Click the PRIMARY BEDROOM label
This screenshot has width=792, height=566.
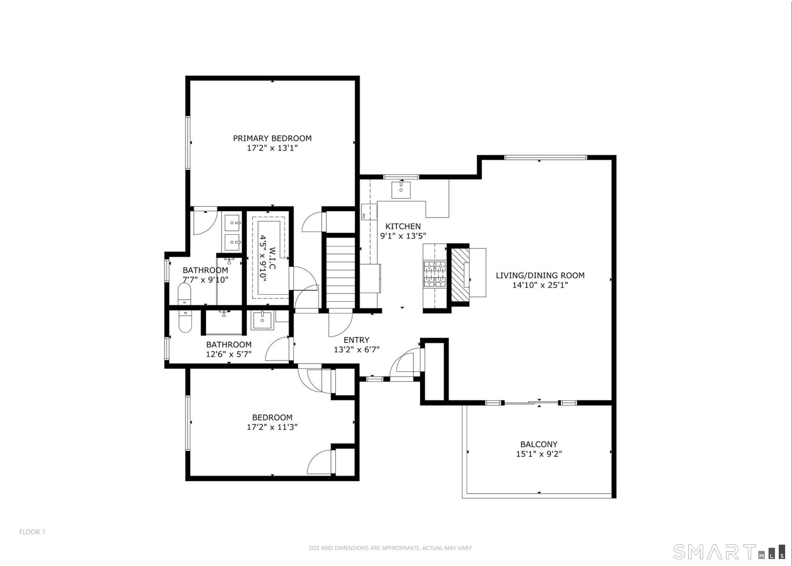pyautogui.click(x=272, y=138)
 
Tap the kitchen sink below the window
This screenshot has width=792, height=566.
pyautogui.click(x=401, y=190)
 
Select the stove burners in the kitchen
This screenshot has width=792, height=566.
pyautogui.click(x=435, y=274)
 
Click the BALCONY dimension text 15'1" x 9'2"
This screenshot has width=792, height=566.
pyautogui.click(x=539, y=454)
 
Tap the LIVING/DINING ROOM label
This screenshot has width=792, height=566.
pyautogui.click(x=540, y=275)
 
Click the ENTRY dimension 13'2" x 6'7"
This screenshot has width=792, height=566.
pyautogui.click(x=356, y=349)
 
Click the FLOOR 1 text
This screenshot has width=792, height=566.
pyautogui.click(x=32, y=532)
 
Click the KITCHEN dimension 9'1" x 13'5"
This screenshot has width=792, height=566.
pyautogui.click(x=403, y=236)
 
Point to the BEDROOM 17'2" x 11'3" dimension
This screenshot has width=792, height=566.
pyautogui.click(x=272, y=427)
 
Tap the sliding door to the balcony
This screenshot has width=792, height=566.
pyautogui.click(x=531, y=403)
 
